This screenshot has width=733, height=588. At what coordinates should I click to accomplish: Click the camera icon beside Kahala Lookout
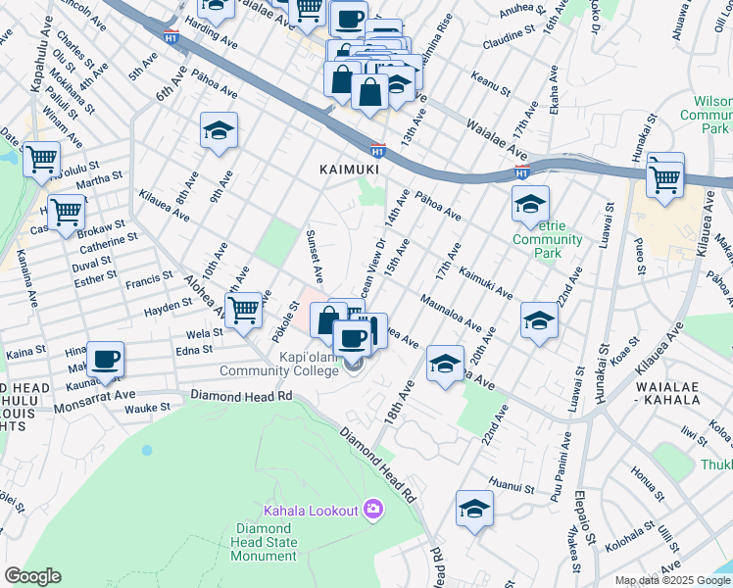coord(372,509)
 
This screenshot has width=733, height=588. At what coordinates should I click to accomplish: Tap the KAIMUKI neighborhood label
coord(349,170)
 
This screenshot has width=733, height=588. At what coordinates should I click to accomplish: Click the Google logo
coord(32,576)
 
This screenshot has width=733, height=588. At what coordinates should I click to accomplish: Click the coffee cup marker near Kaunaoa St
coord(104,359)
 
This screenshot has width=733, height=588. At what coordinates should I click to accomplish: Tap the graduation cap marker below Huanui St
coord(474,509)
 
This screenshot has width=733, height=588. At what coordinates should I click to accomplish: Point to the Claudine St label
coord(514,43)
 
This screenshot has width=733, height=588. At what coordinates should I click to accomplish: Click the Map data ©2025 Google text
coord(672,580)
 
